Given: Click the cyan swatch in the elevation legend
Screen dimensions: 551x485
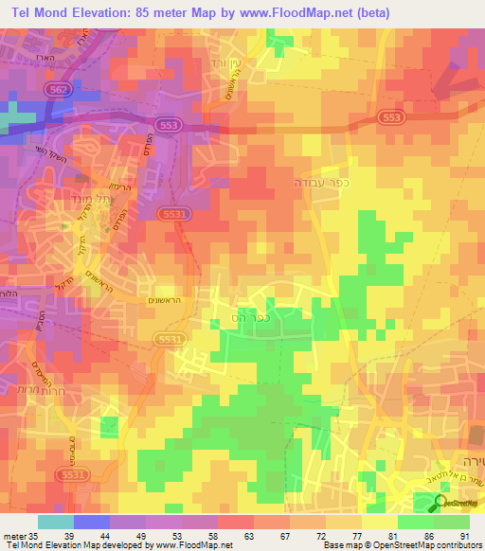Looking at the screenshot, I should point(55,522).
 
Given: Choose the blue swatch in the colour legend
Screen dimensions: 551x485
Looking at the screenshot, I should point(91,522).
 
